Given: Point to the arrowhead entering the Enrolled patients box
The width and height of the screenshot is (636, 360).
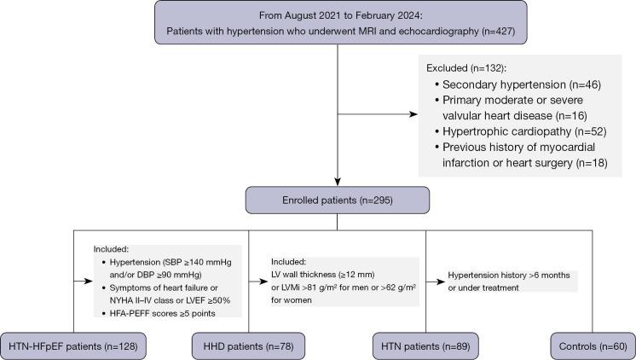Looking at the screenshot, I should click(x=338, y=182).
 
